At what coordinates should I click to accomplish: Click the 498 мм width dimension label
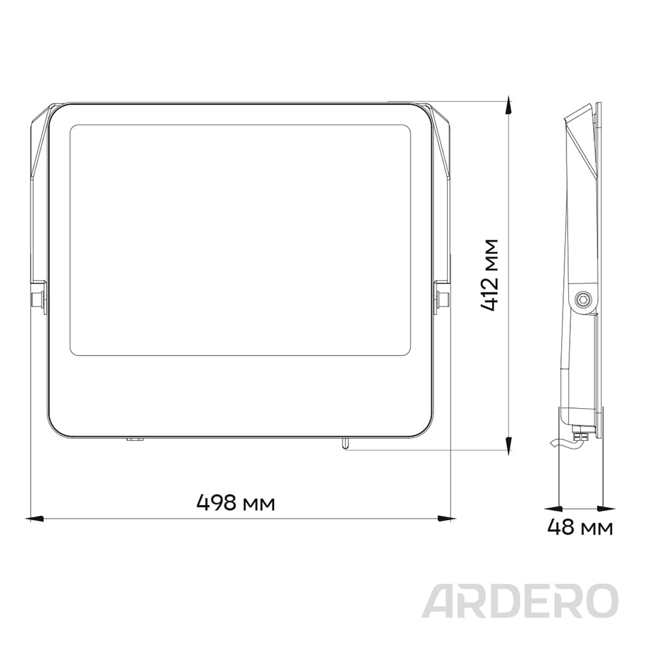[x=236, y=503]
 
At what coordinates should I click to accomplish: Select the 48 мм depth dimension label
[x=580, y=527]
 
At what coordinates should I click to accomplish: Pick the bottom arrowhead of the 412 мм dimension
[x=508, y=443]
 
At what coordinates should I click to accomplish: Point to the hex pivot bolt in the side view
[x=583, y=299]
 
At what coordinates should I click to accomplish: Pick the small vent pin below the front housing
[x=345, y=443]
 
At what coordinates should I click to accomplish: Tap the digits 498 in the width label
[x=217, y=503]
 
